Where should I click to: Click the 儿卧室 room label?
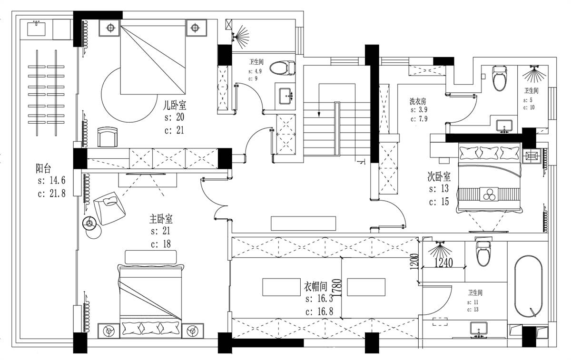[175, 105]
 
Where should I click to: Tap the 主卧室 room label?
[161, 219]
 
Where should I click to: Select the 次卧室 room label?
[439, 176]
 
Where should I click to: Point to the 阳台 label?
[43, 168]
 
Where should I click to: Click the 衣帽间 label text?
[315, 286]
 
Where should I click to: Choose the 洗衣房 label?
[418, 101]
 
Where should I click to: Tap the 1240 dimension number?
[444, 263]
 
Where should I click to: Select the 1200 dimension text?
[414, 262]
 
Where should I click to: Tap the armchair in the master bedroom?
[109, 208]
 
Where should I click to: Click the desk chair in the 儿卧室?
[108, 137]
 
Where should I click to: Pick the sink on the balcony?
[37, 29]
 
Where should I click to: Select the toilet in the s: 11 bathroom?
[483, 253]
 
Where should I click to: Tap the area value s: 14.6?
[51, 180]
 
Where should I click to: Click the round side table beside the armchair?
[89, 224]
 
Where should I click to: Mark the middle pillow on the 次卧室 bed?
[489, 152]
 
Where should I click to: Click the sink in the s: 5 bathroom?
[504, 126]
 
